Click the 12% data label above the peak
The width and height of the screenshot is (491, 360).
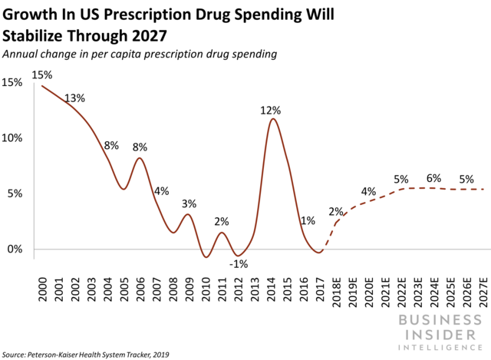pyautogui.click(x=269, y=111)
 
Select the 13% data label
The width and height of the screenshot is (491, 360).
pyautogui.click(x=74, y=98)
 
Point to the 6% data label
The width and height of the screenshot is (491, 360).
pyautogui.click(x=433, y=179)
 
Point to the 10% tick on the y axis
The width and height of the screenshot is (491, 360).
pyautogui.click(x=13, y=138)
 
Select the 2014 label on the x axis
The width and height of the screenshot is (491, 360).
pyautogui.click(x=272, y=286)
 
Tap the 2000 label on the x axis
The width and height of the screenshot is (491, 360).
pyautogui.click(x=42, y=286)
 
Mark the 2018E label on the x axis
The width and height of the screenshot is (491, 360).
pyautogui.click(x=336, y=289)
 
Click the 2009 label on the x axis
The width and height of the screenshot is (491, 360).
pyautogui.click(x=189, y=286)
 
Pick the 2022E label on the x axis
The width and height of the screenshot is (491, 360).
pyautogui.click(x=401, y=289)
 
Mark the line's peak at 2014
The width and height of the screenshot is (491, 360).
pyautogui.click(x=272, y=118)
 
